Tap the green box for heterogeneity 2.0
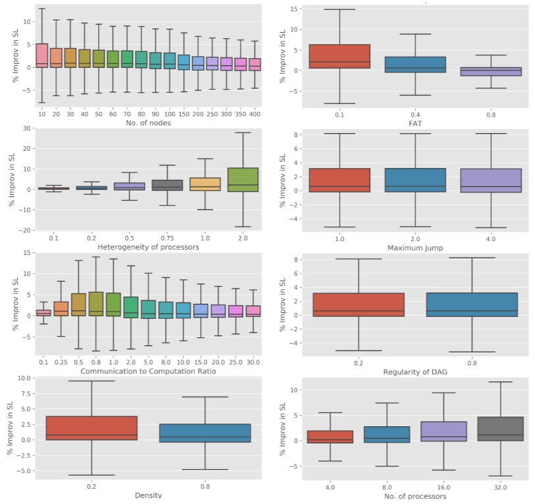[242, 180]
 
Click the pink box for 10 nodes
[41, 55]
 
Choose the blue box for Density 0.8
[205, 433]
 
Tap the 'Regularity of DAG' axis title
[415, 372]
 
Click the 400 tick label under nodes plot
[255, 113]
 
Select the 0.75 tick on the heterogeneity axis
[171, 237]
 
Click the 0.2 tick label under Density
[92, 486]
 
